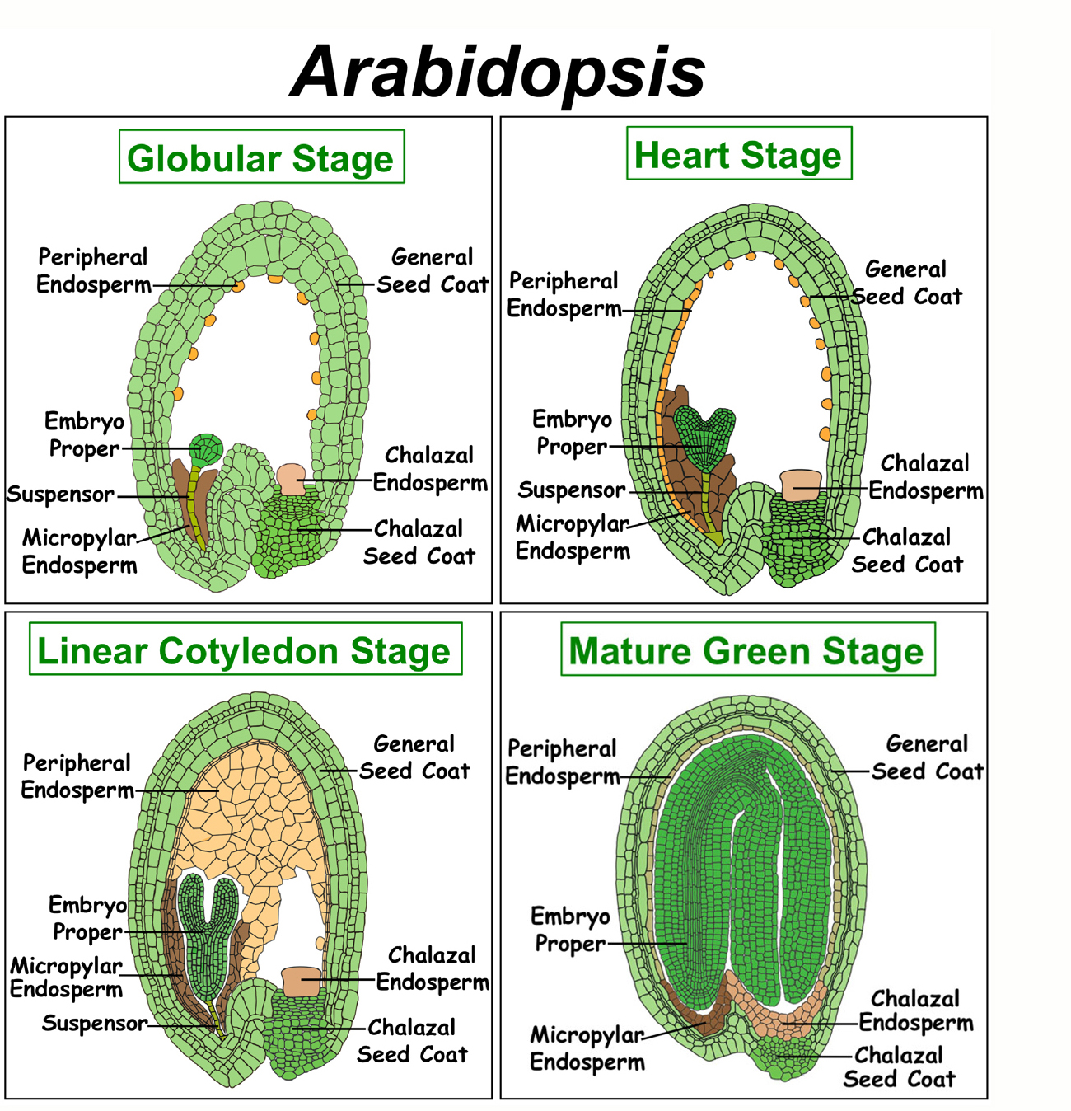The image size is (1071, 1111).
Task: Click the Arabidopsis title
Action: point(498,73)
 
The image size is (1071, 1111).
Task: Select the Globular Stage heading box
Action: point(261,157)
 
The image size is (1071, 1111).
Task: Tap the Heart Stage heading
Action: point(739,153)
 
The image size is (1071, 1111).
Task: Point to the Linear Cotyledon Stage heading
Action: point(246,649)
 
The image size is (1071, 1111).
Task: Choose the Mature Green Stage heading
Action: point(747,649)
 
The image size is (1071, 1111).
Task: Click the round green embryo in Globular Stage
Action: point(206,449)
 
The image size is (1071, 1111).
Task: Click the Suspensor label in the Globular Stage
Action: point(60,495)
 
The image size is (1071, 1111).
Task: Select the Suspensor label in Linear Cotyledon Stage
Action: point(95,1023)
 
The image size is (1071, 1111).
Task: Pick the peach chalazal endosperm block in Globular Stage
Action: point(291,480)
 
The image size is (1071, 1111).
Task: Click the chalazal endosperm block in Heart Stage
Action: point(801,485)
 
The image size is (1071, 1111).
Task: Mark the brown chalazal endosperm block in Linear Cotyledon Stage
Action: point(302,982)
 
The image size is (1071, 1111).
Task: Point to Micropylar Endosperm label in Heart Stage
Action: point(573,537)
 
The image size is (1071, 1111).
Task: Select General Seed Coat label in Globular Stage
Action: point(433,270)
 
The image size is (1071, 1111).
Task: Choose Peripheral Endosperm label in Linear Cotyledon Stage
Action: point(77,776)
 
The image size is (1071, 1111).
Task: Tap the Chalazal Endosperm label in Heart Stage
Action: point(925,477)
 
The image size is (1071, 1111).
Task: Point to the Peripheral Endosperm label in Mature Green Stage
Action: point(563,762)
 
